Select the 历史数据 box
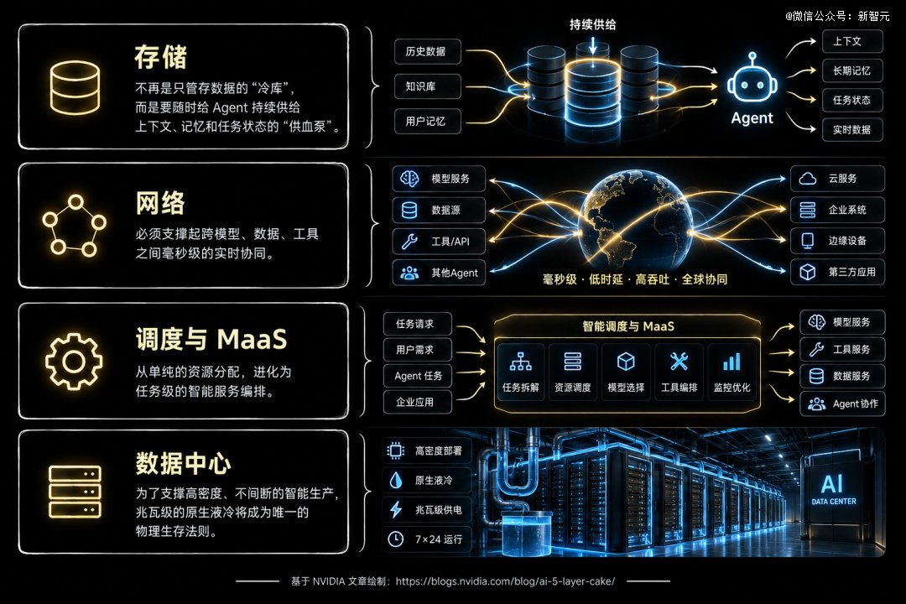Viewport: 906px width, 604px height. [x=428, y=51]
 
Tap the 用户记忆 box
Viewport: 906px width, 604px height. [x=428, y=122]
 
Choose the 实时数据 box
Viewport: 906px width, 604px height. [x=852, y=129]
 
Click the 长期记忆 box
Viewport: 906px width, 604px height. [x=852, y=70]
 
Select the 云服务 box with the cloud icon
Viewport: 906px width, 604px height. [x=837, y=179]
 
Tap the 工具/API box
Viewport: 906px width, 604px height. [x=439, y=241]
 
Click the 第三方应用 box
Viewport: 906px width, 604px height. [x=837, y=272]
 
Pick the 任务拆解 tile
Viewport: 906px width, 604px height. [x=520, y=372]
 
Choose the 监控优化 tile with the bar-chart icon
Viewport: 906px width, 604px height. [x=732, y=372]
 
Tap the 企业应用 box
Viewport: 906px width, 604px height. [x=417, y=402]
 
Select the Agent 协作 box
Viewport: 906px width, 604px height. [x=842, y=404]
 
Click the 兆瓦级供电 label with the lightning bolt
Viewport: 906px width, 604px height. [x=426, y=510]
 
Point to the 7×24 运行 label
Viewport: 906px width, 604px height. [x=426, y=539]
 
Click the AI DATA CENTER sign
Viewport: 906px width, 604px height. [x=833, y=489]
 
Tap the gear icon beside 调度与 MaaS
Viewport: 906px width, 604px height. [x=74, y=362]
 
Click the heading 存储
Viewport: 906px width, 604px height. [x=160, y=57]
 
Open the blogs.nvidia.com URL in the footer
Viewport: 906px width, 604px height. [x=505, y=581]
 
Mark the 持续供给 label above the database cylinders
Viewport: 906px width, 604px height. [x=592, y=24]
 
